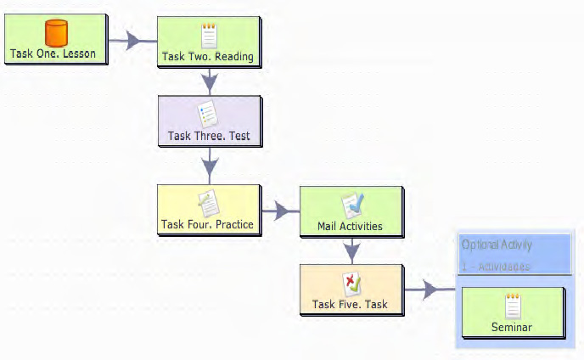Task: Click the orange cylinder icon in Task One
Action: coord(56,34)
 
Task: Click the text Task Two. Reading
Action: coord(208,59)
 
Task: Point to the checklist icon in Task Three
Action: coord(208,114)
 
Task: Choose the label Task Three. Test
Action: coord(208,135)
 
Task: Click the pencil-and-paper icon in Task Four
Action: coord(208,203)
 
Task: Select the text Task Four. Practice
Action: coord(208,225)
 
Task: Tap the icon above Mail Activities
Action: coord(352,205)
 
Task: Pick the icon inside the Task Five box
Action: coord(351,283)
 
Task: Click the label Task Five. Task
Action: coord(351,304)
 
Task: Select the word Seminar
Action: coord(512,327)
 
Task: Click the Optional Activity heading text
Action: coord(497,245)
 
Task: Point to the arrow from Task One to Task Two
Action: coord(132,40)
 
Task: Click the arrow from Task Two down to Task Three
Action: coord(209,82)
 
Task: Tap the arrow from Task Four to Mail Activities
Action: coord(279,210)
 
